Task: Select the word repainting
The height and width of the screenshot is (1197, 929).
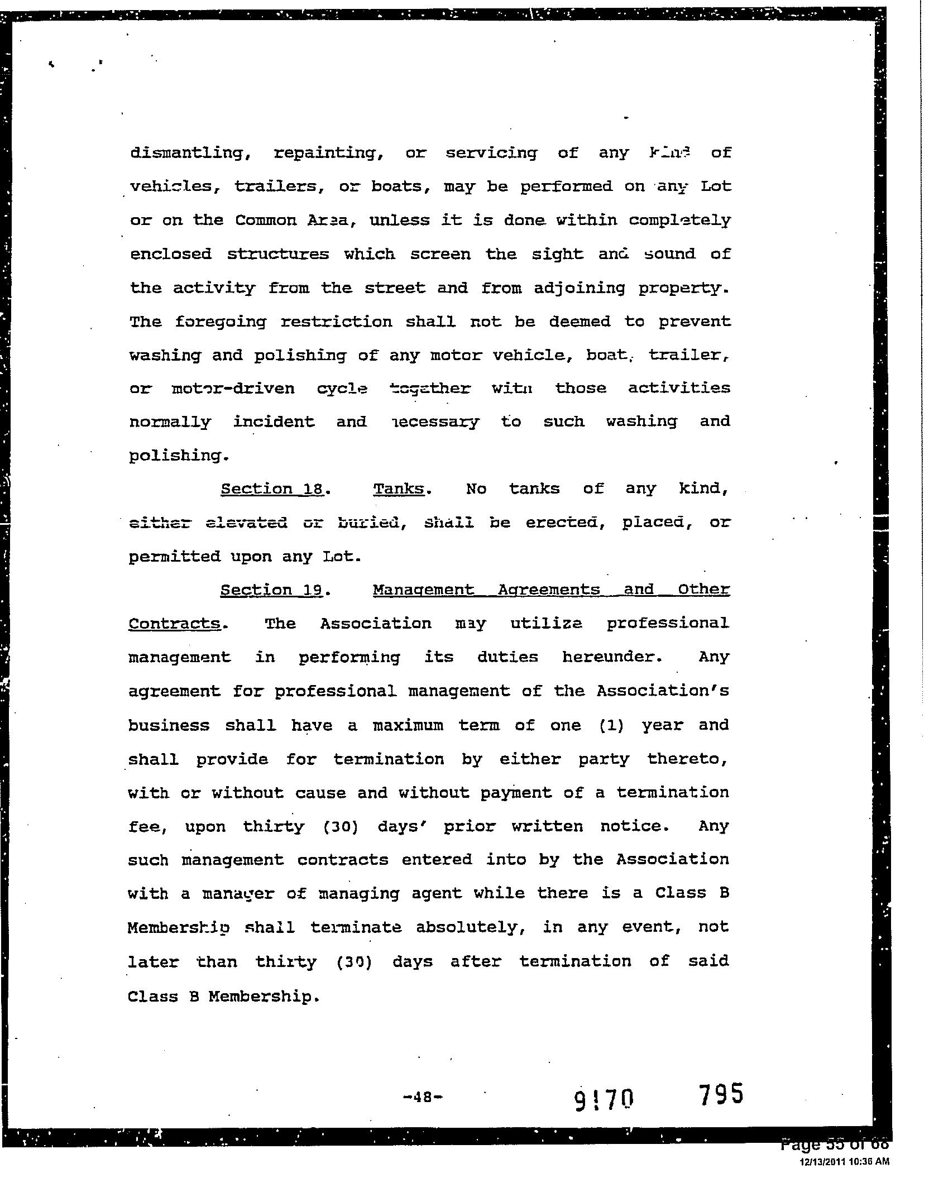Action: pyautogui.click(x=328, y=153)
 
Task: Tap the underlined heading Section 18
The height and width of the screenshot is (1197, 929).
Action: pyautogui.click(x=272, y=489)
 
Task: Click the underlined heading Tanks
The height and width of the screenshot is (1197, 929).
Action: pyautogui.click(x=399, y=489)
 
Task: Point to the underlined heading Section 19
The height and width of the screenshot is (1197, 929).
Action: pyautogui.click(x=272, y=590)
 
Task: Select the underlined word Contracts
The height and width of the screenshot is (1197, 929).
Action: pyautogui.click(x=174, y=624)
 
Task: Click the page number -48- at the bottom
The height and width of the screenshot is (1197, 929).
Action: pyautogui.click(x=423, y=1097)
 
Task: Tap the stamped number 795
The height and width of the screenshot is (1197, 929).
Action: pyautogui.click(x=721, y=1094)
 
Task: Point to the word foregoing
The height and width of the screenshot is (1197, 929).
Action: pyautogui.click(x=221, y=322)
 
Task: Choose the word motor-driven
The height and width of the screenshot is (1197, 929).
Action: pyautogui.click(x=233, y=389)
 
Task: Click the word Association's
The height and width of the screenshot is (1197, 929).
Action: pyautogui.click(x=662, y=691)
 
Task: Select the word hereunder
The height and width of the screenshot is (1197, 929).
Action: pyautogui.click(x=612, y=657)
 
